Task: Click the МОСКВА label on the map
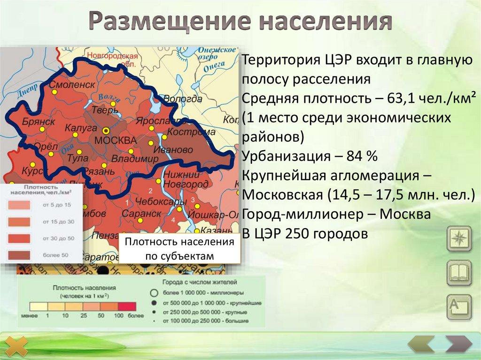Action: pos(115,140)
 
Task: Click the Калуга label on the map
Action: pos(81,127)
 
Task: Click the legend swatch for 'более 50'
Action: pos(18,255)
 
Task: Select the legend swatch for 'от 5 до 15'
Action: pos(18,205)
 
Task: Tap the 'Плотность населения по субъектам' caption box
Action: pos(179,249)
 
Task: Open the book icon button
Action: pos(458,273)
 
